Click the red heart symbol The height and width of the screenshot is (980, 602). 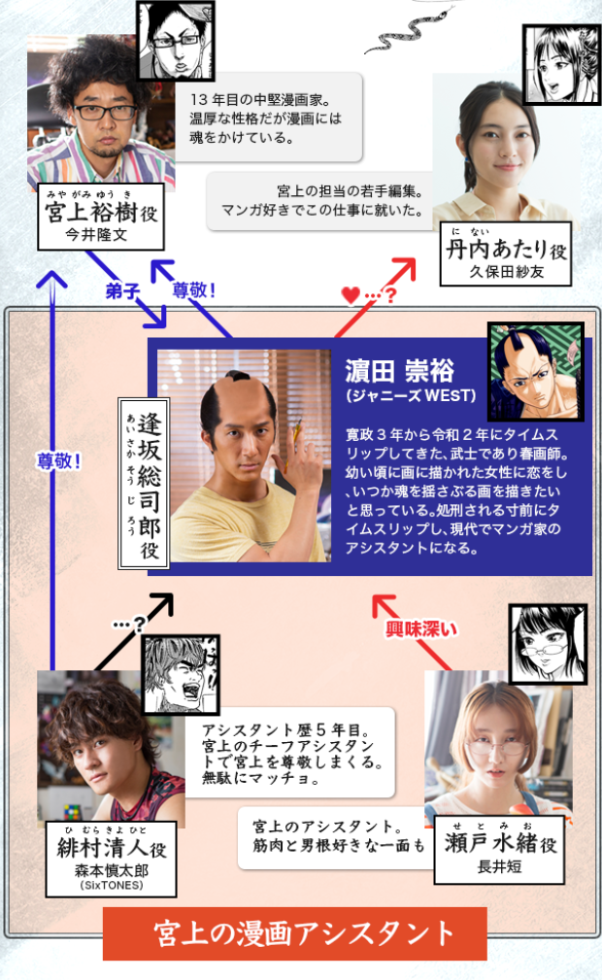coord(351,295)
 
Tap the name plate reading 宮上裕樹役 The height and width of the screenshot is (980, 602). coord(101,217)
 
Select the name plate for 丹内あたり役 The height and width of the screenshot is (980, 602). coord(506,254)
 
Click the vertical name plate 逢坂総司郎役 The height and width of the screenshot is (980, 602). coord(144,484)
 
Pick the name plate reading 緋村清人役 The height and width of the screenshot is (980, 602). coord(111,860)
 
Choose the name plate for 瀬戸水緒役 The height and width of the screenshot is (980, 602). coord(499,850)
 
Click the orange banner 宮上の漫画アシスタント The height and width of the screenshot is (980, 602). coord(294,933)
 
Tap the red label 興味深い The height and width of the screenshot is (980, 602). coord(420,628)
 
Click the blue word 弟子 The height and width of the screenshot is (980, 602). coord(122,290)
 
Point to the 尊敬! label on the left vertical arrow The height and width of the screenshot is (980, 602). coord(59,461)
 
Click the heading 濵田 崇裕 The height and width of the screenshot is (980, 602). coord(399,371)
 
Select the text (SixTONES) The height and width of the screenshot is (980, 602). coord(112,886)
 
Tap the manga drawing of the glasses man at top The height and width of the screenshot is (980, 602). coord(176,41)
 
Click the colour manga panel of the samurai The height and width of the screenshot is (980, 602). coord(536,372)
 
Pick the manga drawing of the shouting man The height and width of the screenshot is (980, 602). coord(182,675)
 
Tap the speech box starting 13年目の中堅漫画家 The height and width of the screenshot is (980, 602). coord(268,118)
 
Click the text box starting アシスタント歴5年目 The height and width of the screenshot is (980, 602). coord(290,753)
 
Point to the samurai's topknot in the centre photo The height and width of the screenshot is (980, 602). coord(238,377)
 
